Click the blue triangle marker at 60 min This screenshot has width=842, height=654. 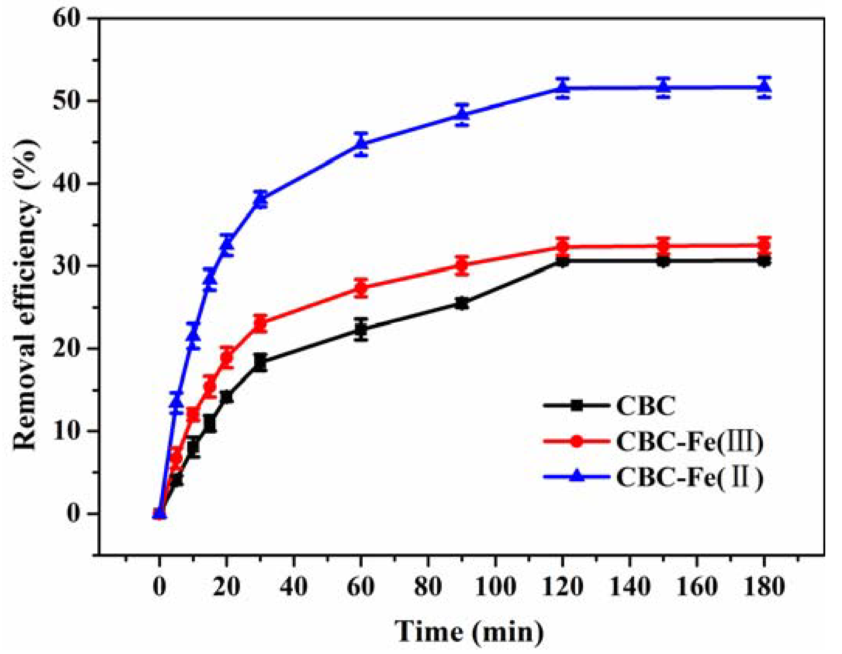[x=361, y=143]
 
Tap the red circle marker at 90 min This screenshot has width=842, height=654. [x=462, y=265]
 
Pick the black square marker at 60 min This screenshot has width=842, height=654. [x=361, y=329]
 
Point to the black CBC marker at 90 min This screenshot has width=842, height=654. [x=462, y=303]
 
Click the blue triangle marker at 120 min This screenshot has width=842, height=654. [x=562, y=88]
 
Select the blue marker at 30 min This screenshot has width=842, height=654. [x=261, y=199]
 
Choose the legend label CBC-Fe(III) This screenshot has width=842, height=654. [x=689, y=442]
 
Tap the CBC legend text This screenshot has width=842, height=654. [x=646, y=406]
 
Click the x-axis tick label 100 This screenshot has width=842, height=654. [x=495, y=586]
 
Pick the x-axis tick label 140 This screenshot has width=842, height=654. [x=629, y=586]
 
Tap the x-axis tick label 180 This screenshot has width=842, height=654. [x=764, y=586]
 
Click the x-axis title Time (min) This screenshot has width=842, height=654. [x=469, y=631]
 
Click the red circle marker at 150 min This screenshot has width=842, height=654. [x=663, y=245]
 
